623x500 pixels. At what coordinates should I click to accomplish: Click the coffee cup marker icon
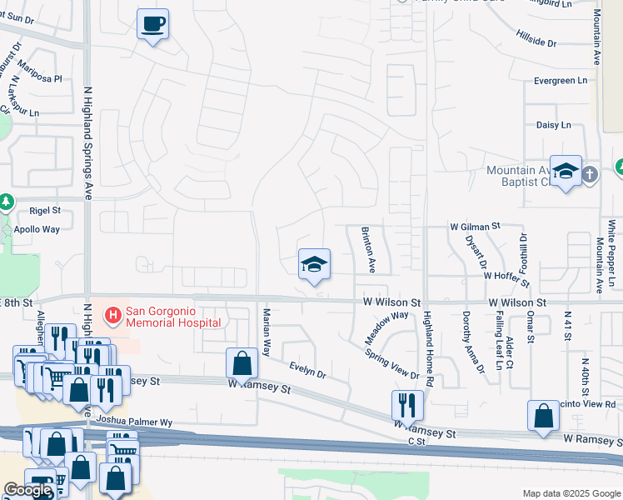[x=152, y=23]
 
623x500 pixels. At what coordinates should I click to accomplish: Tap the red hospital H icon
[x=112, y=316]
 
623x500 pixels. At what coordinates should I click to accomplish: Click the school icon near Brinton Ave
[x=314, y=265]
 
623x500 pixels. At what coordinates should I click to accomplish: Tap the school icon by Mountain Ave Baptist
[x=566, y=171]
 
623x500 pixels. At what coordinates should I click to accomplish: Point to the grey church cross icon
[x=590, y=174]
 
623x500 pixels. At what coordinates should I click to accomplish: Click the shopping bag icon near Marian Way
[x=242, y=363]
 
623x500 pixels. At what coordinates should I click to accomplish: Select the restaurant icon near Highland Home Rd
[x=407, y=405]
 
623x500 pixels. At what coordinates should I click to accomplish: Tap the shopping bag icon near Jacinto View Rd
[x=543, y=417]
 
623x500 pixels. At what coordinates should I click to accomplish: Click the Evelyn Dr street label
[x=307, y=370]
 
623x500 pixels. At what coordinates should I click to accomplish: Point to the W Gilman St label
[x=474, y=226]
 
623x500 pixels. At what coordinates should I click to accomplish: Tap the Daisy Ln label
[x=554, y=125]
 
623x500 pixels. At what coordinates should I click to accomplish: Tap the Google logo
[x=27, y=490]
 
